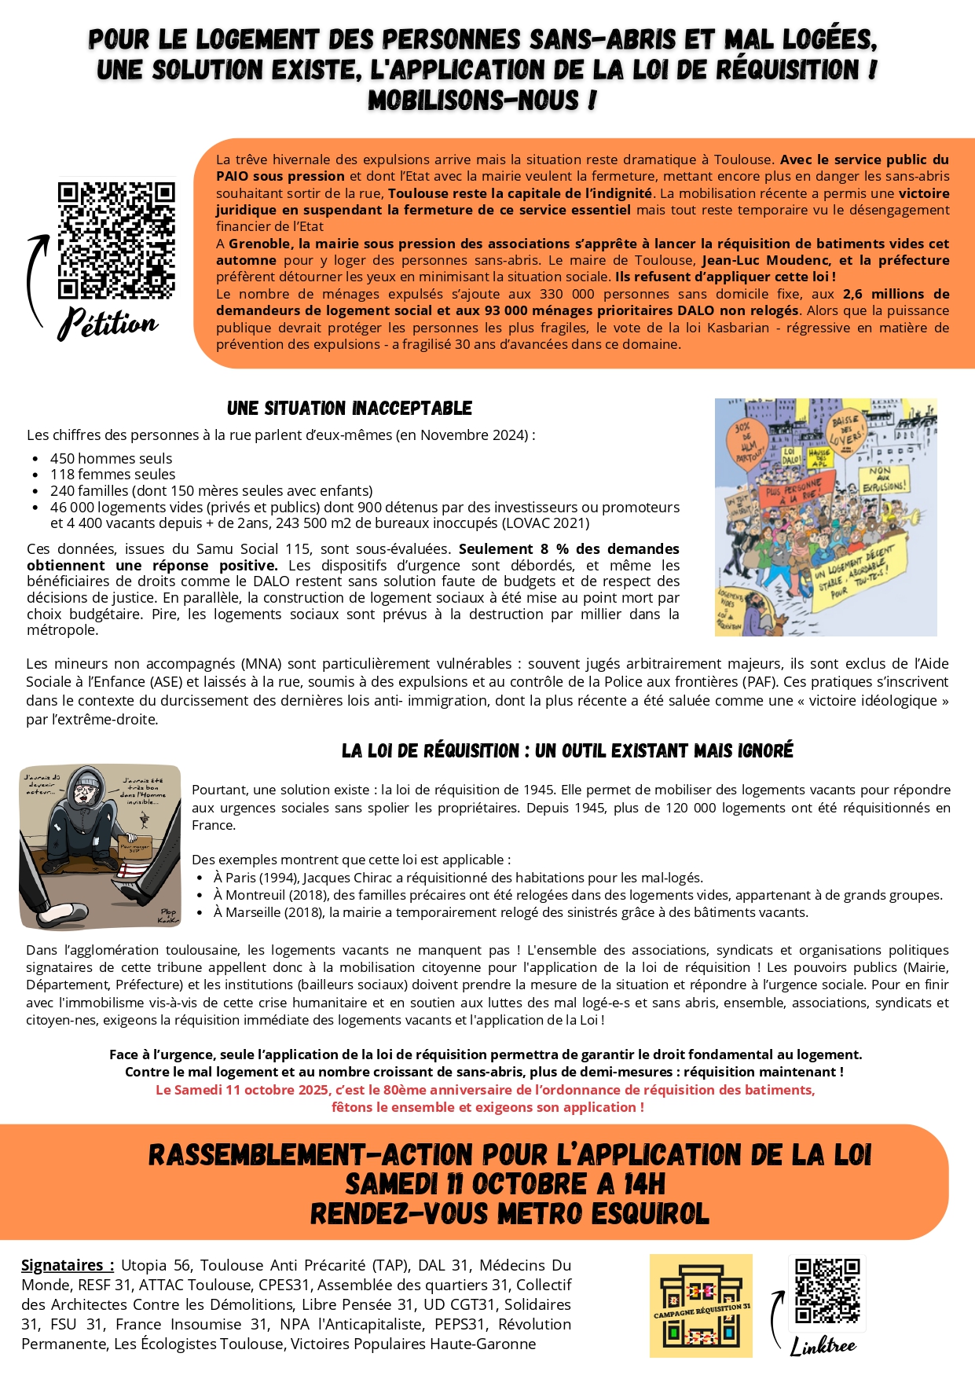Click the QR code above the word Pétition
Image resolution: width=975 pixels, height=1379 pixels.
point(115,240)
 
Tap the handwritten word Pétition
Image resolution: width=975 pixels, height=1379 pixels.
point(108,323)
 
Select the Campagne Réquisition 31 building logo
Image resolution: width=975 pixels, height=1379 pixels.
point(701,1305)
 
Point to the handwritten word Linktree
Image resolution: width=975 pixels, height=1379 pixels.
point(823,1345)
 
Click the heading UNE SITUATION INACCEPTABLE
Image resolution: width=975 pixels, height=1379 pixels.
point(350,409)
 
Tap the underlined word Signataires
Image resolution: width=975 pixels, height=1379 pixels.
point(67,1265)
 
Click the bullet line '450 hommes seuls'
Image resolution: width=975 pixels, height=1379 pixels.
point(111,458)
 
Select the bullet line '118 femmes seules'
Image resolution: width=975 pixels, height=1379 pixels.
point(112,475)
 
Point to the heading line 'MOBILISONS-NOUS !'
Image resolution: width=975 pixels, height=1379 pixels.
point(482,101)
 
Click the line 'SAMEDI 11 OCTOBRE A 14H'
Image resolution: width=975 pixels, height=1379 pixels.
point(505,1183)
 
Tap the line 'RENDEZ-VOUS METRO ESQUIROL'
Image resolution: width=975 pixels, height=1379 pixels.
point(509,1213)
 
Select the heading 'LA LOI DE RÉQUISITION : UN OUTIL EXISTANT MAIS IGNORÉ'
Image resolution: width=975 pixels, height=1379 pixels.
point(567,751)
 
